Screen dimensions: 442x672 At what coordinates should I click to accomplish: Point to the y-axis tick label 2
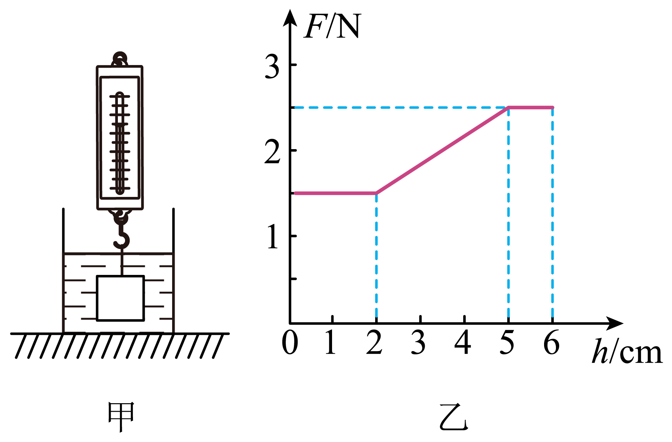[272, 152]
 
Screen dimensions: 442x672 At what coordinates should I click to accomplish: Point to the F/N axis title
[332, 27]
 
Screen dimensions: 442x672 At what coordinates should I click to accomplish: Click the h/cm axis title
[627, 352]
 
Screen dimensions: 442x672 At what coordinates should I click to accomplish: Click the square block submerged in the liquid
[120, 298]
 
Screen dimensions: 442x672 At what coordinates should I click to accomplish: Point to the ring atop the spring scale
[120, 59]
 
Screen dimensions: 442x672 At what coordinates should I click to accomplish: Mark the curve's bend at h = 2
[376, 193]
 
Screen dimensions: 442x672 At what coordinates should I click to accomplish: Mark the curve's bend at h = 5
[508, 107]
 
